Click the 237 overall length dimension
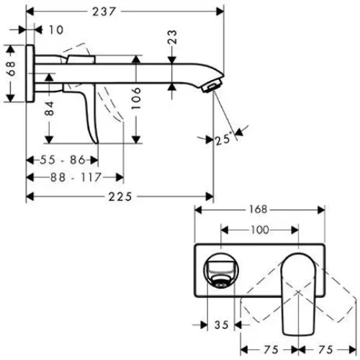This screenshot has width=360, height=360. tap(104, 12)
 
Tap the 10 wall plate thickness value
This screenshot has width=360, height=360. tap(56, 30)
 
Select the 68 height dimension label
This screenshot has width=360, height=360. tap(11, 68)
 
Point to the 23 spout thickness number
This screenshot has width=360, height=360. tap(172, 37)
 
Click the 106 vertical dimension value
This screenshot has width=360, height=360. tap(136, 99)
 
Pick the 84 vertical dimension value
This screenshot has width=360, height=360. tap(49, 109)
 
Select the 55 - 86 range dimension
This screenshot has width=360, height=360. tap(63, 160)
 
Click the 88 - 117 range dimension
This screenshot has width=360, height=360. tap(76, 178)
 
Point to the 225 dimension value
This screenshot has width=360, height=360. tap(120, 197)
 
